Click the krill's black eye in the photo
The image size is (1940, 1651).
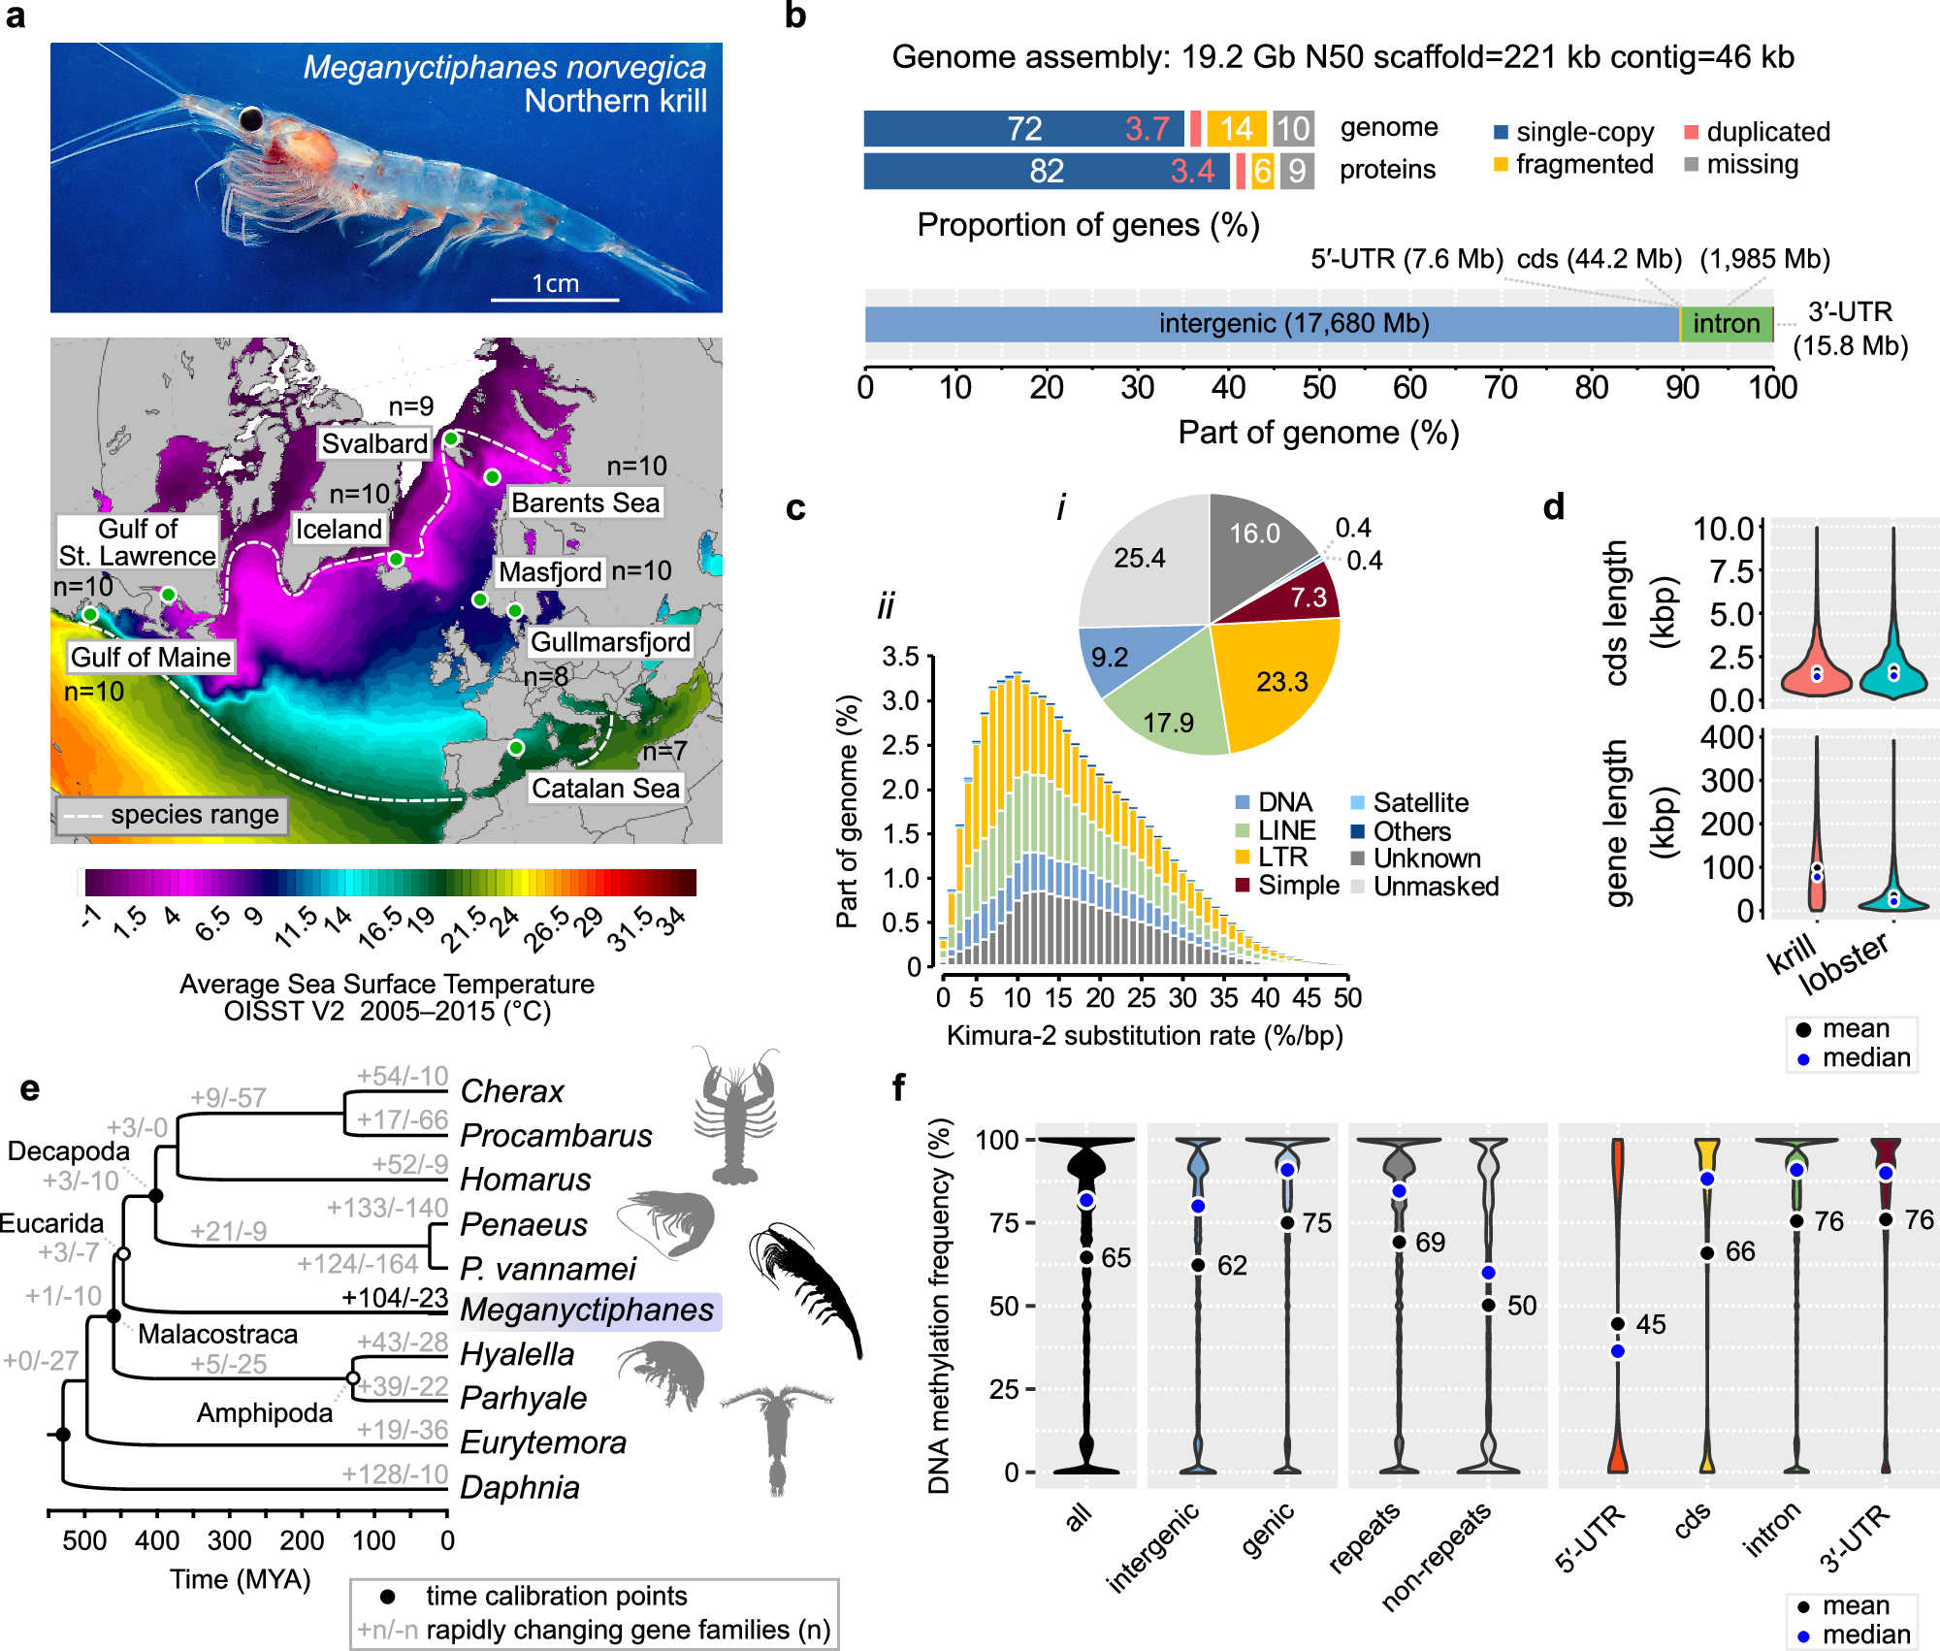click(251, 118)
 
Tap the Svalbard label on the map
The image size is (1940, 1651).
click(374, 443)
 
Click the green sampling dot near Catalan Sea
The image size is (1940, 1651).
click(516, 748)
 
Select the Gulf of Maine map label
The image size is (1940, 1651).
click(150, 657)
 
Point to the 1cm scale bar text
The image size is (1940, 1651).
click(555, 283)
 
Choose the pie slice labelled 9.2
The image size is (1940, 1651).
click(1110, 657)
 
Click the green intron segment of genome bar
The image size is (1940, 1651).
click(1726, 324)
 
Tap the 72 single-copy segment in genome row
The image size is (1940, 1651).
click(1024, 128)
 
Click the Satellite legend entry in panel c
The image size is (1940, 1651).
click(1420, 802)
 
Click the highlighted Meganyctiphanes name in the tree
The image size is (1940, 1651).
click(587, 1310)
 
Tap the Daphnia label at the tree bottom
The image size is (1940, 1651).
click(520, 1487)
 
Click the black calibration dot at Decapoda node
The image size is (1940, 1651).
click(156, 1196)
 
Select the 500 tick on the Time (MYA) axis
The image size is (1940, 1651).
click(84, 1540)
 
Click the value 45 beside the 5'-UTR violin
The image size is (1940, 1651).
click(1650, 1324)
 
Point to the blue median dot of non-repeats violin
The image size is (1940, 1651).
click(1489, 1273)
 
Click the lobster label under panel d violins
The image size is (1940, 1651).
click(1843, 962)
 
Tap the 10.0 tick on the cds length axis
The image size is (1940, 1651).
click(1724, 529)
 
